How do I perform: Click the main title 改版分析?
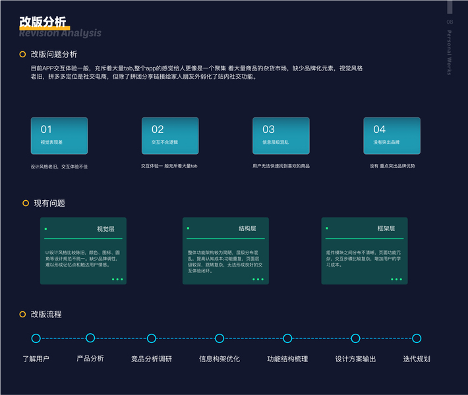[x=43, y=21]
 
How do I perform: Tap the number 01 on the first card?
[x=46, y=130]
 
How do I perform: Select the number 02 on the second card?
[x=158, y=130]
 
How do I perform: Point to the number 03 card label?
[x=268, y=130]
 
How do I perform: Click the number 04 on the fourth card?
[x=379, y=130]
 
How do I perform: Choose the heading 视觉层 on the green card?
[x=105, y=228]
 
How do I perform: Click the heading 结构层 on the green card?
[x=247, y=228]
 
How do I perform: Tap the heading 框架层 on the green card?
[x=386, y=228]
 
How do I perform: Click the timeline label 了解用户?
[x=36, y=359]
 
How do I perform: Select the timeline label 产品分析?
[x=90, y=359]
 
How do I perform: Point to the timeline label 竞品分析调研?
[x=152, y=359]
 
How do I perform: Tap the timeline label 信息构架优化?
[x=219, y=359]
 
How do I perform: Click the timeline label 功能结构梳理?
[x=287, y=359]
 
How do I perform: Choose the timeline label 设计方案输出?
[x=355, y=359]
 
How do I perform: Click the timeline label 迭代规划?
[x=417, y=359]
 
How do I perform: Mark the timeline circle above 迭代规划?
[x=417, y=338]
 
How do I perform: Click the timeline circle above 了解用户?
[x=36, y=338]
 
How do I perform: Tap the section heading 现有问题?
[x=49, y=203]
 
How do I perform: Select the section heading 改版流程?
[x=46, y=314]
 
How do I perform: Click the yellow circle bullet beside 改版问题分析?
[x=23, y=54]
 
